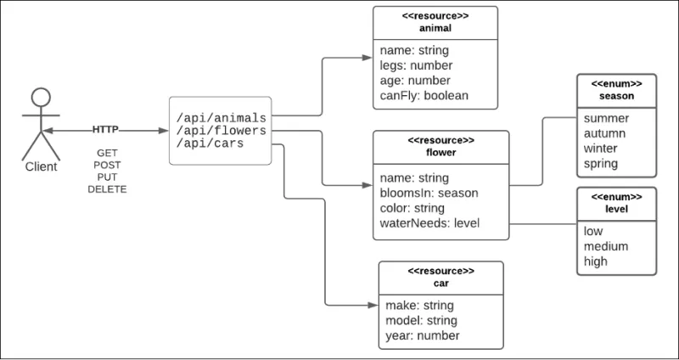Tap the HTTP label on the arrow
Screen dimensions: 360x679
[x=106, y=130]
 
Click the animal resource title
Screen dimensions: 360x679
[x=435, y=27]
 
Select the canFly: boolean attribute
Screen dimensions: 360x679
[x=424, y=95]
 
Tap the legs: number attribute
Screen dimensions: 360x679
[x=416, y=65]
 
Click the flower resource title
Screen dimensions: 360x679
[x=441, y=154]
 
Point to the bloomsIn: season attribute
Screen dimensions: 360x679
[x=429, y=193]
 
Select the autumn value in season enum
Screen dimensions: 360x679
[x=606, y=132]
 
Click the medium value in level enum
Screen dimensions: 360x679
[x=605, y=246]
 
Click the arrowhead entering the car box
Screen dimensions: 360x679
[x=374, y=305]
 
